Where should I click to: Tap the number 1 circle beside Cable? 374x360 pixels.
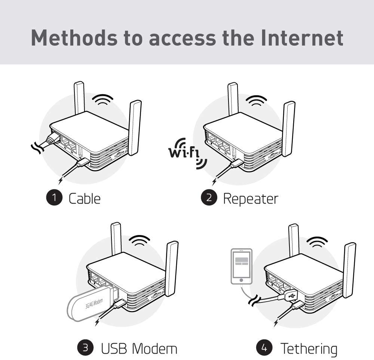coord(55,198)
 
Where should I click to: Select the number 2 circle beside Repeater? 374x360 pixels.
coord(209,198)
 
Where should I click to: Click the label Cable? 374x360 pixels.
coord(85,198)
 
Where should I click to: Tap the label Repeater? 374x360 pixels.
coord(251,198)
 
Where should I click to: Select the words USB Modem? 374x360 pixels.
coord(139,348)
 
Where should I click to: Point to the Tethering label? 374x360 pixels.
coord(309,348)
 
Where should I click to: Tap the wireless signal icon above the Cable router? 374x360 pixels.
coord(103,100)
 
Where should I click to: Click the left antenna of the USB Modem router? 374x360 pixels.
coord(116,240)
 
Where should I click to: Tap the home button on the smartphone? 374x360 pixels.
coord(241,280)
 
